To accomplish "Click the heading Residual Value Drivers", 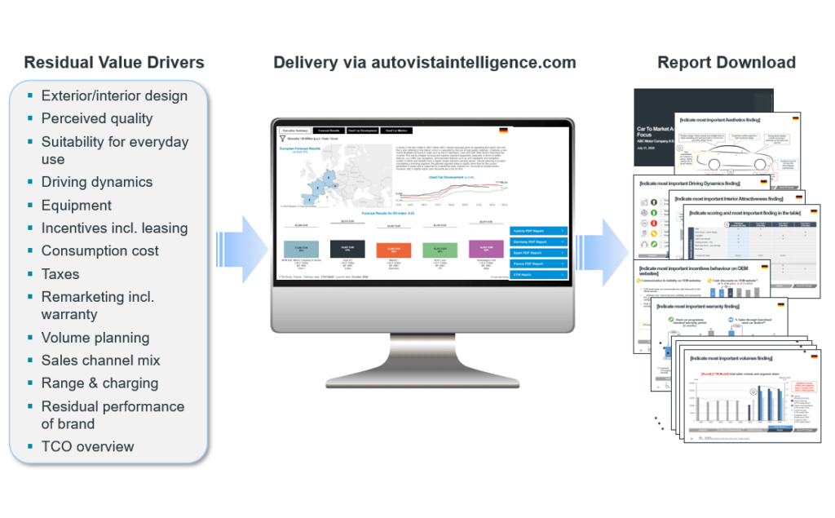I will coord(114,63).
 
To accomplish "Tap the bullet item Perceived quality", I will coord(97,118).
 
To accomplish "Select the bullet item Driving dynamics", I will coord(97,182).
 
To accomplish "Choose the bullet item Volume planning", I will coord(95,338).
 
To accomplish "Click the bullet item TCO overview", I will coord(88,446).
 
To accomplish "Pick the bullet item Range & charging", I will coord(100,383).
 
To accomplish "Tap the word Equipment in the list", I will coord(77,205).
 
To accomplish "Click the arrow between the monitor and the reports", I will coord(600,244).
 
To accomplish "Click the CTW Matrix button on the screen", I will coord(538,275).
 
